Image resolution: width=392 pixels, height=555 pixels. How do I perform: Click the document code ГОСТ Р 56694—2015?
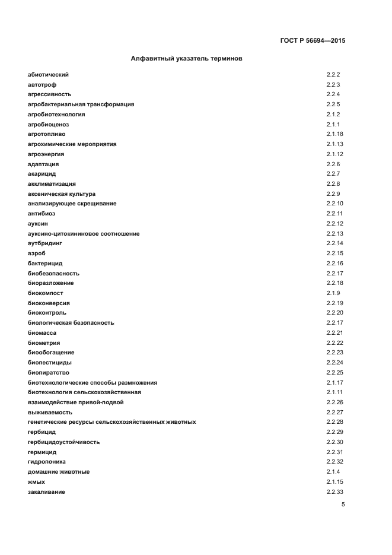coord(312,41)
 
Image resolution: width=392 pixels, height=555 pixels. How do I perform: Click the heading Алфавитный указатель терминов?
coord(186,59)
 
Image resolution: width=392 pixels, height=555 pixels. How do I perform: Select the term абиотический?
coord(48,75)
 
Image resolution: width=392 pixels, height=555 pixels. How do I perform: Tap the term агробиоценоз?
coord(48,124)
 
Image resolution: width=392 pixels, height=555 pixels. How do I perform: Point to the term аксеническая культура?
coord(62,194)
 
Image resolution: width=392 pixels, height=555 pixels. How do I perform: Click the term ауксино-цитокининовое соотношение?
coord(84,234)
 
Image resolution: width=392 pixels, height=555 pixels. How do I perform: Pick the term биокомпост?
coord(45,293)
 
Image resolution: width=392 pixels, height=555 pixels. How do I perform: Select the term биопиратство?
coord(49,373)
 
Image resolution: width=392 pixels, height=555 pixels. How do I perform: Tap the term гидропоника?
coord(47,462)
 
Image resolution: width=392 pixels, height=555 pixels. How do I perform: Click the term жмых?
coord(36,482)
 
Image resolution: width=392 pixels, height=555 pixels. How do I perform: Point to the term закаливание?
coord(46,492)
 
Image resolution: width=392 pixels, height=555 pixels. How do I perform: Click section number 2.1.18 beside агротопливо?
coord(334,134)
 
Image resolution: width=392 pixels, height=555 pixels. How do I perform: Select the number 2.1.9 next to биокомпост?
coord(333,293)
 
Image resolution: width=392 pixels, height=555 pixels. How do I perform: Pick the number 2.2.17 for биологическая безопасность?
coord(334,323)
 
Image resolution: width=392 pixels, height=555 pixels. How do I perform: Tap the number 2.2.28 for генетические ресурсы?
coord(334,422)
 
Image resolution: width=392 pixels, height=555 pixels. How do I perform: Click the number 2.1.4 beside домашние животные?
coord(333,472)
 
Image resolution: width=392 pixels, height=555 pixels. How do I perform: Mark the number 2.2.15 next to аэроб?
coord(334,253)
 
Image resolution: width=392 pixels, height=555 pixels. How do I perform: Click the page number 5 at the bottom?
coord(343,505)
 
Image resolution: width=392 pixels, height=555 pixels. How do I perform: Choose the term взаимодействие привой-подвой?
coord(75,402)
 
